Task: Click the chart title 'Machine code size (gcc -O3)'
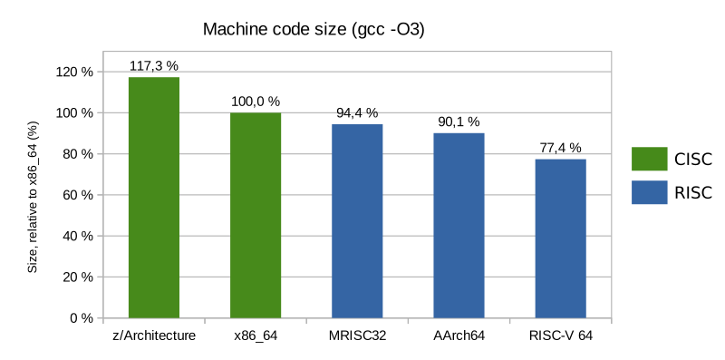314,30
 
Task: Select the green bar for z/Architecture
154,198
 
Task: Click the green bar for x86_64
256,215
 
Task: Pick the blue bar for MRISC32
357,221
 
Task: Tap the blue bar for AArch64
459,226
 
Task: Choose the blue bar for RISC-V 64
560,238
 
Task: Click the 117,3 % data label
154,66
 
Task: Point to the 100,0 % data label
256,102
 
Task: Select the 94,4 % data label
357,113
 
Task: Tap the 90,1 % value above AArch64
459,122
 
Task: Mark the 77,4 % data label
560,148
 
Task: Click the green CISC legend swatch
649,160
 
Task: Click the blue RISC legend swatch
649,192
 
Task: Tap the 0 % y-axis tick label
82,318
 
